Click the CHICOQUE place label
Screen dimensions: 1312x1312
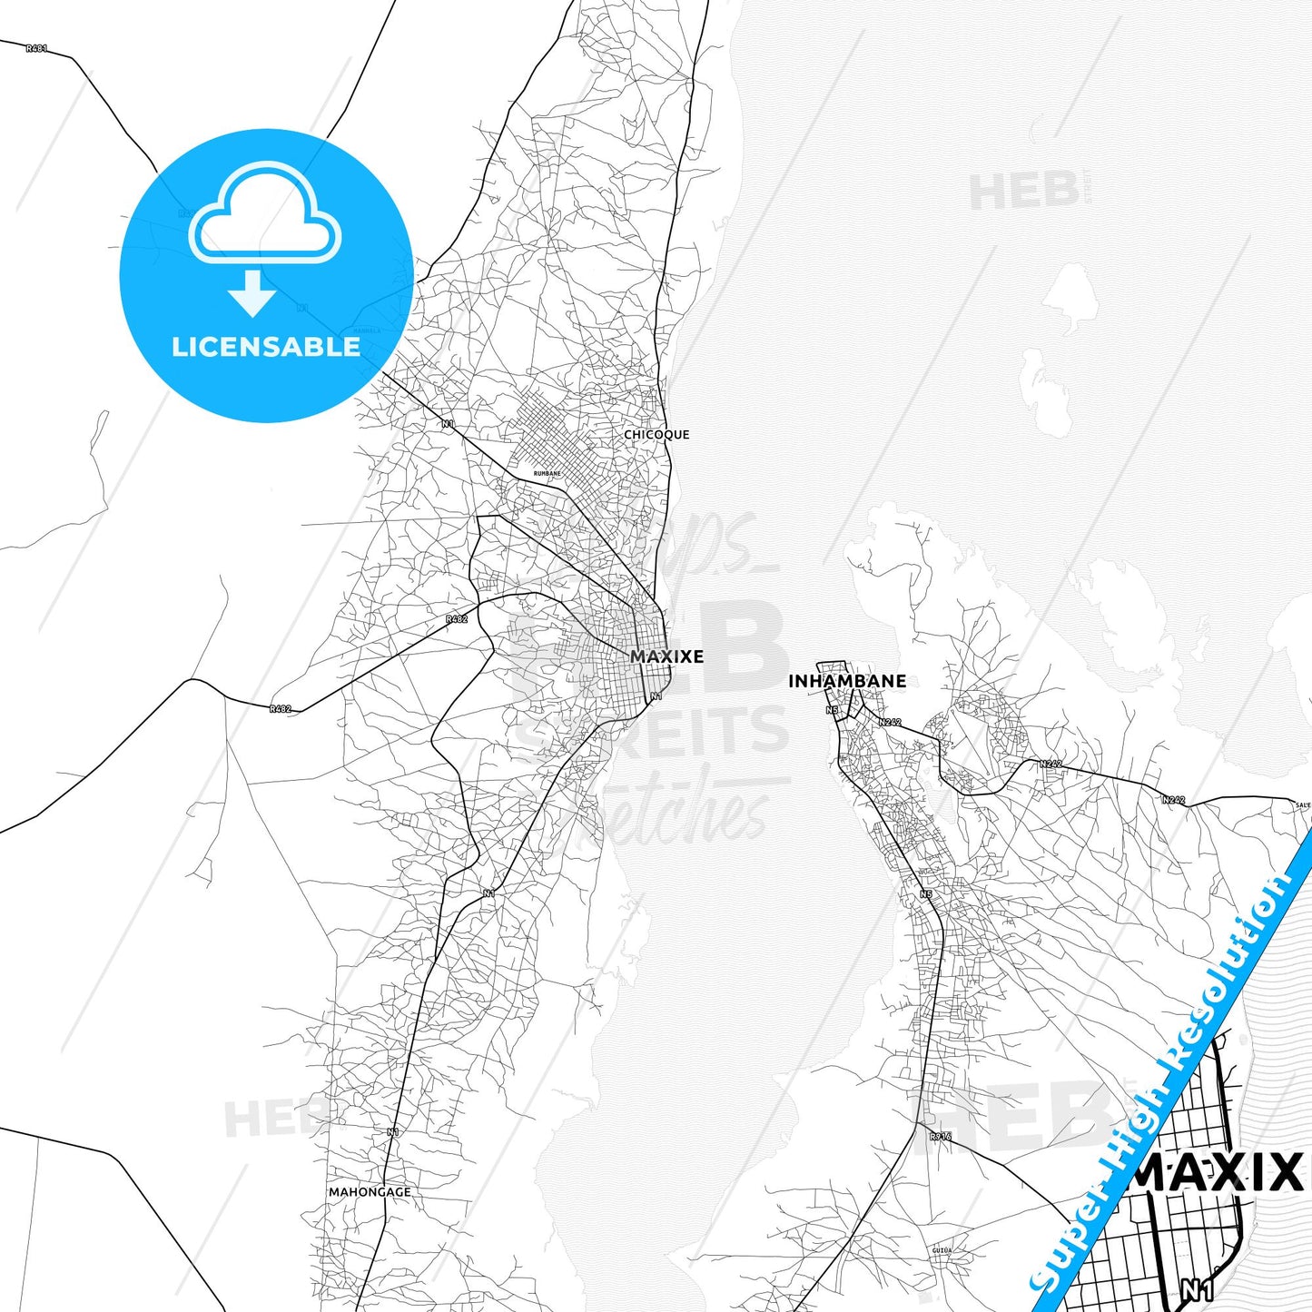(x=656, y=435)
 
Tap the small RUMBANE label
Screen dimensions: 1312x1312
(x=547, y=474)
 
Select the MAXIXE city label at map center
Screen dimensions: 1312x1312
(x=666, y=656)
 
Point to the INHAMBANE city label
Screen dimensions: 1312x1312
(x=846, y=681)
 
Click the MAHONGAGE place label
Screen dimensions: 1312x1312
(x=370, y=1192)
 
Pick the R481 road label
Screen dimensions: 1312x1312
(x=36, y=48)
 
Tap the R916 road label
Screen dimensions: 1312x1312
(x=940, y=1136)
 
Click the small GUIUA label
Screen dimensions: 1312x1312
(x=942, y=1250)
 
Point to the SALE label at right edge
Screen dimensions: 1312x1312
(x=1303, y=804)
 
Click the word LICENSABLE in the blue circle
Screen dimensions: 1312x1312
(x=266, y=347)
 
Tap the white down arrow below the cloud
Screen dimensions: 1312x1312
(x=252, y=292)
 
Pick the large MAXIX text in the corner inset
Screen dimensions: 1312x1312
(x=1217, y=1174)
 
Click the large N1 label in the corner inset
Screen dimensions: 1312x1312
(x=1198, y=1289)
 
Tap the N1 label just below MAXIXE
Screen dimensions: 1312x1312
(x=656, y=696)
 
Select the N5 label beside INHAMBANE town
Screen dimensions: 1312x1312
(x=832, y=710)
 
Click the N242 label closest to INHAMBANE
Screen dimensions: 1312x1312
(x=890, y=722)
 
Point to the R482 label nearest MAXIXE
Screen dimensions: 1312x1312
(x=457, y=619)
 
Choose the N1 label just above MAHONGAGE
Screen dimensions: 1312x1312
(x=392, y=1131)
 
